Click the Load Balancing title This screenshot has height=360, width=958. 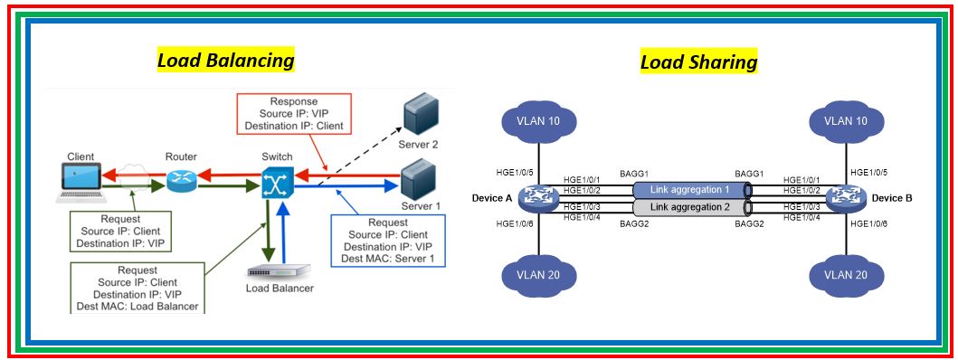tap(225, 61)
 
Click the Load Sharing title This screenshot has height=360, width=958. tap(698, 62)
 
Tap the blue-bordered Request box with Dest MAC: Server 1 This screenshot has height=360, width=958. tap(387, 240)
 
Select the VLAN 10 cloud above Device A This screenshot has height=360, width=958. tap(539, 122)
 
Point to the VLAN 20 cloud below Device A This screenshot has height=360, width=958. tap(539, 274)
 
